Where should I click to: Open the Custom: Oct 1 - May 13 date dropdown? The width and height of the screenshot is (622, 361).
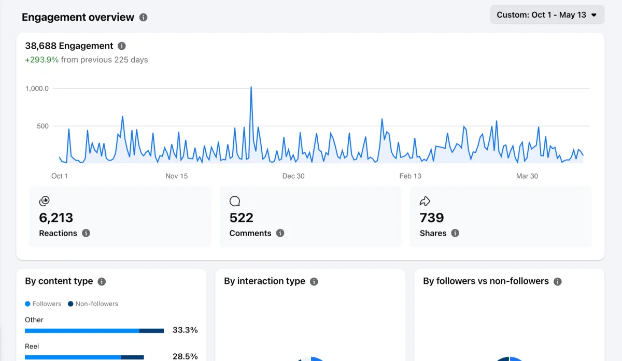click(547, 15)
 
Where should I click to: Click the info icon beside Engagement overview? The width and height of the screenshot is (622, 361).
click(143, 17)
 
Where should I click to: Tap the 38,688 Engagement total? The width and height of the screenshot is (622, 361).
click(69, 46)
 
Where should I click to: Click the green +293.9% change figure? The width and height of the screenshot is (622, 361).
click(41, 60)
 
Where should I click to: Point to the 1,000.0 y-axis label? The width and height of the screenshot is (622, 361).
click(37, 89)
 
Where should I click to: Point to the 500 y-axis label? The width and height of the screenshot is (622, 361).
click(43, 126)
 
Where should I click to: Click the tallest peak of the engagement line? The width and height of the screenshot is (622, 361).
click(251, 87)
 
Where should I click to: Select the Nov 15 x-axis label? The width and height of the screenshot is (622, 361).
click(177, 176)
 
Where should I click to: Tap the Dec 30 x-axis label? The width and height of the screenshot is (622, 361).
click(293, 176)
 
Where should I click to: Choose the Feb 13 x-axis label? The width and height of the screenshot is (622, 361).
click(411, 176)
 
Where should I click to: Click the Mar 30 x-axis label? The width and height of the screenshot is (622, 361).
click(527, 176)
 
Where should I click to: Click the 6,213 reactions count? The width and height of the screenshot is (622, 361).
click(56, 218)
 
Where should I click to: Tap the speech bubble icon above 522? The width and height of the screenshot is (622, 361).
click(235, 201)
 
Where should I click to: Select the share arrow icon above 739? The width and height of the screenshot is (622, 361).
click(425, 201)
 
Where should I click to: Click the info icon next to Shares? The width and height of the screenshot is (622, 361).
click(455, 233)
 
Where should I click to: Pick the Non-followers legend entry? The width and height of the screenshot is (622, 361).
click(93, 304)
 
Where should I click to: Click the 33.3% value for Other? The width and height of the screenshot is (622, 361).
click(185, 330)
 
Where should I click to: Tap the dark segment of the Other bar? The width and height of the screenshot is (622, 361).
click(151, 331)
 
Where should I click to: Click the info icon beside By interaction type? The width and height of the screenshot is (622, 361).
click(314, 282)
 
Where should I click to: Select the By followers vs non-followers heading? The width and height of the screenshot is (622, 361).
click(486, 281)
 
